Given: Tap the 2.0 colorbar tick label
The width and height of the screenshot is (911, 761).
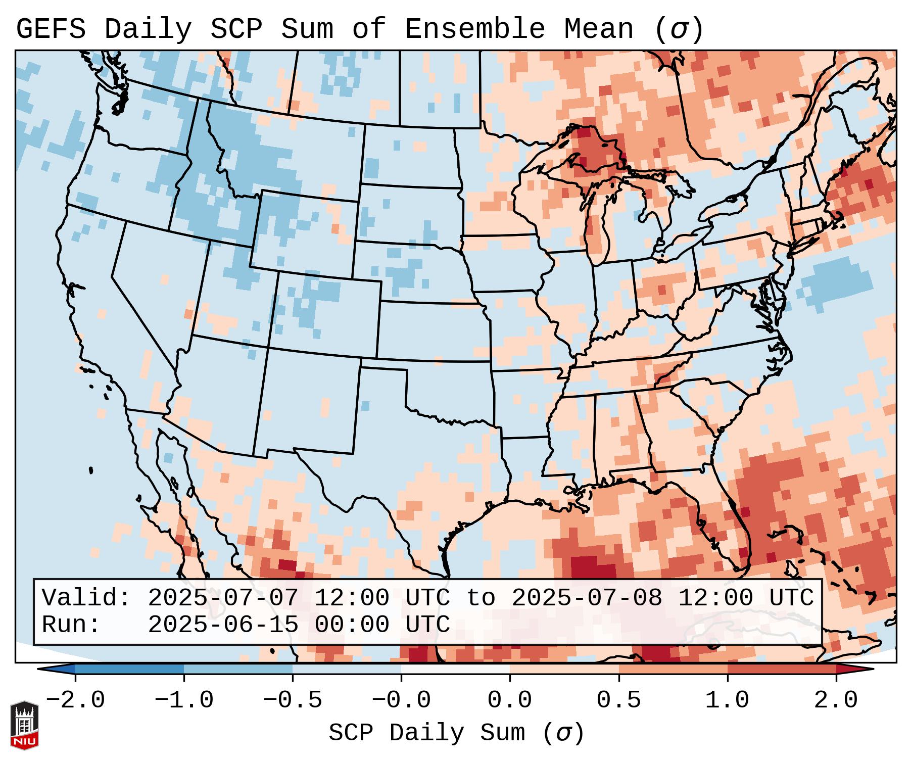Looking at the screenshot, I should click(x=836, y=700).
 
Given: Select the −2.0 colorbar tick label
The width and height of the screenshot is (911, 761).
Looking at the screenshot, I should click(x=75, y=700).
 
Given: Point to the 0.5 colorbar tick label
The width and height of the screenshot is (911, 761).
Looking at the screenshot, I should click(x=618, y=700).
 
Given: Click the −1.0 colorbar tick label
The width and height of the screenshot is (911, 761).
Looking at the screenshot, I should click(x=183, y=700).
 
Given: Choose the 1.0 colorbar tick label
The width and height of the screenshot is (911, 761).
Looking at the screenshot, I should click(x=727, y=700).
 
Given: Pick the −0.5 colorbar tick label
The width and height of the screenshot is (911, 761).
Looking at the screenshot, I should click(x=292, y=700).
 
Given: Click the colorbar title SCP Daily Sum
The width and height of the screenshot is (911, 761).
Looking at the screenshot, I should click(x=456, y=733).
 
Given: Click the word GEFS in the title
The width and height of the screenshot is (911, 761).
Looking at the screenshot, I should click(x=51, y=29).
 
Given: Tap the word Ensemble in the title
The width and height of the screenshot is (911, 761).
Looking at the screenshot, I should click(x=474, y=29).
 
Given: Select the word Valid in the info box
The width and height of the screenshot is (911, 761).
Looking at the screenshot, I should click(x=86, y=598).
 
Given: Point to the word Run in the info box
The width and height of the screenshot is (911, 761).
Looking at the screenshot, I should click(x=71, y=625).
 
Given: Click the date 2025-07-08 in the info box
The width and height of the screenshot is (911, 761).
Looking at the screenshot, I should click(x=586, y=598).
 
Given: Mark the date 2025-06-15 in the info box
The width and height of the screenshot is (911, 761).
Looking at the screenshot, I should click(x=223, y=625).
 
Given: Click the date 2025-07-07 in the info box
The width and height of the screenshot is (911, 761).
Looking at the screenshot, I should click(x=223, y=598).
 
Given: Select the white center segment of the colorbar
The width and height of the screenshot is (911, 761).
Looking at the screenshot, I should click(x=455, y=669).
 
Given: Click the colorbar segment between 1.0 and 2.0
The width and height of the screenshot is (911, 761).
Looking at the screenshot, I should click(x=781, y=669).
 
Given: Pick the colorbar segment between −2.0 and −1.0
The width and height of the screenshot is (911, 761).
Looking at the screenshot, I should click(x=129, y=669).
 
